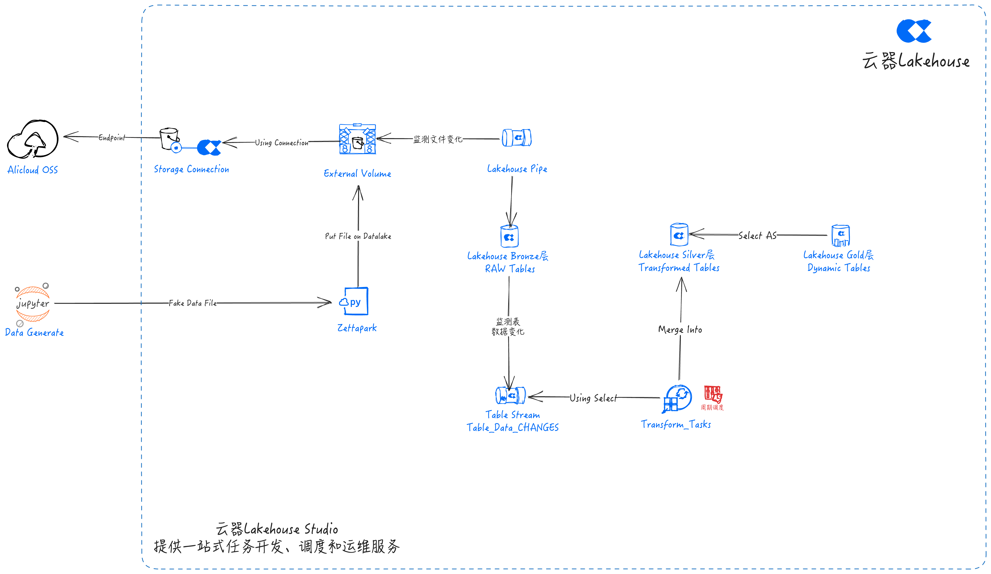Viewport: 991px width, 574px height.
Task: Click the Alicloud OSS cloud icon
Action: pyautogui.click(x=33, y=139)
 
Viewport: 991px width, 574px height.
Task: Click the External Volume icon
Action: pyautogui.click(x=358, y=139)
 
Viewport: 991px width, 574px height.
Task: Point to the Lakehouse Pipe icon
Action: pyautogui.click(x=517, y=138)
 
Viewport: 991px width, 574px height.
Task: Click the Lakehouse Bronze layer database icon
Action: pyautogui.click(x=510, y=236)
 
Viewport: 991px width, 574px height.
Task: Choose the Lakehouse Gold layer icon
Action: pyautogui.click(x=841, y=235)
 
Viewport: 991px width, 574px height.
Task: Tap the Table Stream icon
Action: pyautogui.click(x=510, y=395)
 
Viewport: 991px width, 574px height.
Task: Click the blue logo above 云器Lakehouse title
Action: pyautogui.click(x=914, y=31)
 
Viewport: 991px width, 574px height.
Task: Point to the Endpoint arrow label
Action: pyautogui.click(x=112, y=138)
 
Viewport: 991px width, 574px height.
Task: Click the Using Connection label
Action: pyautogui.click(x=281, y=143)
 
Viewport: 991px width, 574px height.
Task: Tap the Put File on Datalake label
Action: pyautogui.click(x=358, y=236)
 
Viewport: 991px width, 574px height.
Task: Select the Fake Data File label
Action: pyautogui.click(x=193, y=303)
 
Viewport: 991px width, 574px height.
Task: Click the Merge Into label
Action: pyautogui.click(x=680, y=329)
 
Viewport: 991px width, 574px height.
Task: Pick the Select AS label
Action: pyautogui.click(x=757, y=235)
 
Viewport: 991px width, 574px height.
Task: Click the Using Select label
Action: pyautogui.click(x=593, y=398)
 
